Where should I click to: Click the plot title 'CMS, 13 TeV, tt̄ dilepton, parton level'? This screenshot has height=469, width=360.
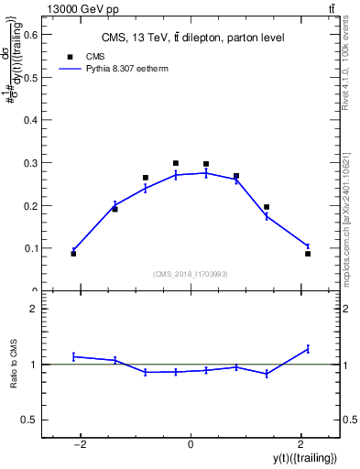coord(191,38)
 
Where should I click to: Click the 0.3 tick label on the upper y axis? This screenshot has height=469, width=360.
coord(33,163)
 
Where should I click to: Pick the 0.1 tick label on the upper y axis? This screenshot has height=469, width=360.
coord(33,248)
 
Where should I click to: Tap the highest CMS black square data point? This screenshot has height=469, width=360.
coord(176,163)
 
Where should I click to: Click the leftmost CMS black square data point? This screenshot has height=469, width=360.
coord(73,253)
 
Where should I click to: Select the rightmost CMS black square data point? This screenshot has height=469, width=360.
coord(308,253)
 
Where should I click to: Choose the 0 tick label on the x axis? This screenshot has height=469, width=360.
coord(191,444)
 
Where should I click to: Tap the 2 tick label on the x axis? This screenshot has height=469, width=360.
coord(300,444)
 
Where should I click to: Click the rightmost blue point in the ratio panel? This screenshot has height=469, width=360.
coord(308,348)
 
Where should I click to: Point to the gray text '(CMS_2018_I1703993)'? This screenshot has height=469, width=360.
coord(190,274)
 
